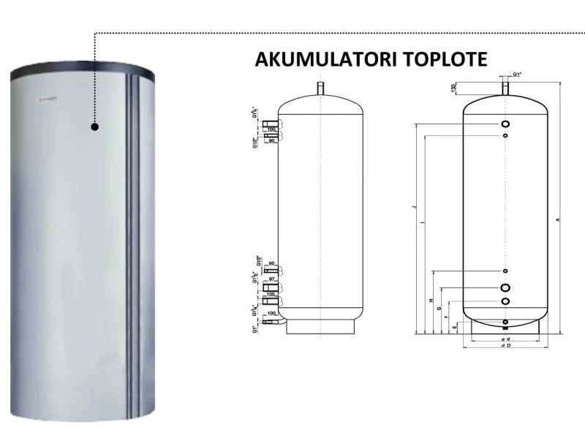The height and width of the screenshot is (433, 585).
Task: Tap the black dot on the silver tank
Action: tap(95, 127)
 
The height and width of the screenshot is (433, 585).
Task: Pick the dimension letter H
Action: tap(431, 301)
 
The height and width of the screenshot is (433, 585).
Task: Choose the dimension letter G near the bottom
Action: tap(439, 311)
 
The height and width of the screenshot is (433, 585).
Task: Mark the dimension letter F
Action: tap(446, 316)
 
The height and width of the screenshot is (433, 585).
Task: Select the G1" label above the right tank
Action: tap(516, 75)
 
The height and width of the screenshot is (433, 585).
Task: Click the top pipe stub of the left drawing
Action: tap(320, 88)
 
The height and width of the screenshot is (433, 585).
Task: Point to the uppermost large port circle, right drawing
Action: tap(505, 124)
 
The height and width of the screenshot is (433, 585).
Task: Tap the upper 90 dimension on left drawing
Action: tap(271, 140)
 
